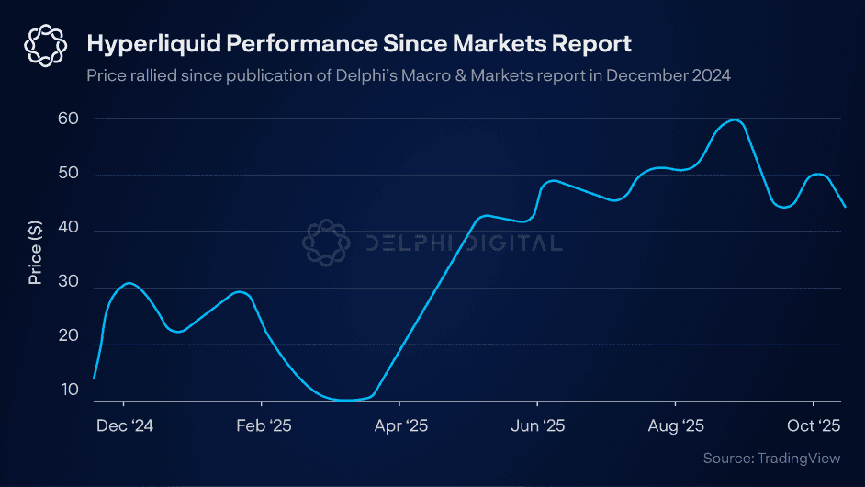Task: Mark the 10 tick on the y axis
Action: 70,391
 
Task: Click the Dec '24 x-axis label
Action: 125,426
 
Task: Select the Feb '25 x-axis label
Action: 263,426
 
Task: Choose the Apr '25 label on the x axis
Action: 400,426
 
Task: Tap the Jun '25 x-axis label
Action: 538,426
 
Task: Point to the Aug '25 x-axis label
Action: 676,426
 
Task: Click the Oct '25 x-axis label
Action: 814,426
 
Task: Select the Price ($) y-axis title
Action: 35,249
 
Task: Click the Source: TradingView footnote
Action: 771,458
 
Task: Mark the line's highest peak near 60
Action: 735,120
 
